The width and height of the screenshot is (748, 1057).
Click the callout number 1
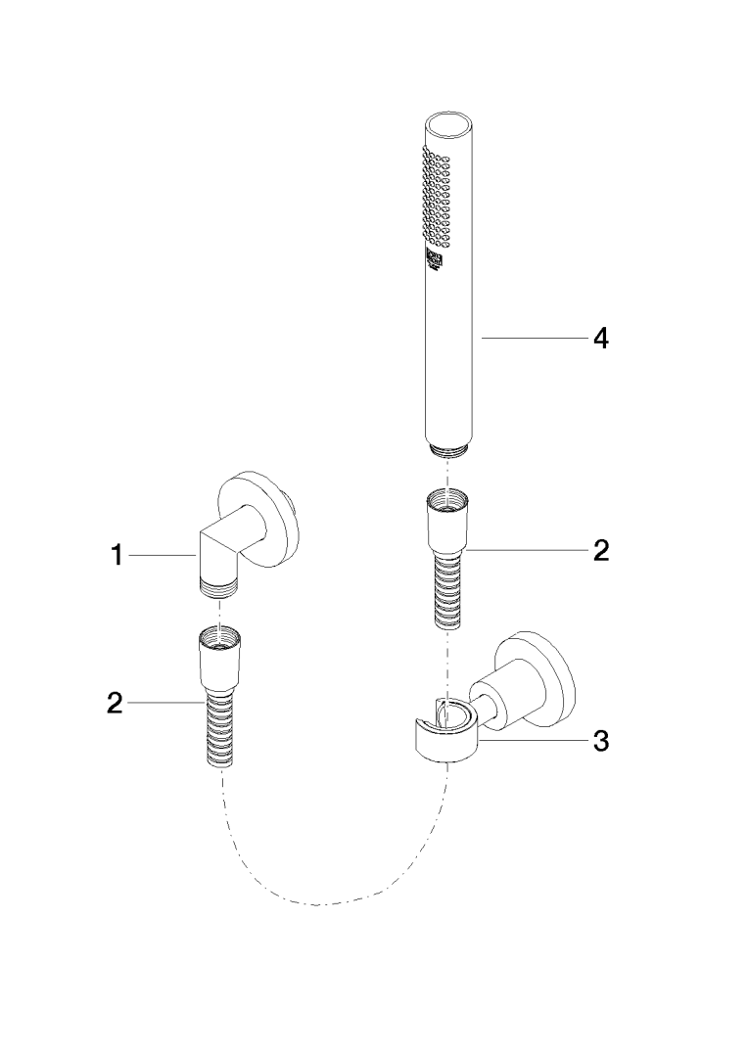[117, 557]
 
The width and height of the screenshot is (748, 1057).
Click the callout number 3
[600, 741]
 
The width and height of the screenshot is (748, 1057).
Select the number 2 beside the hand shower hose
[600, 550]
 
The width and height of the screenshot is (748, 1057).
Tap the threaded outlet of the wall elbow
[219, 589]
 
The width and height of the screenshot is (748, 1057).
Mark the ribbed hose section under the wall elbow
[220, 729]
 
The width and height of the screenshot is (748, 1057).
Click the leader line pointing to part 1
[162, 556]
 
